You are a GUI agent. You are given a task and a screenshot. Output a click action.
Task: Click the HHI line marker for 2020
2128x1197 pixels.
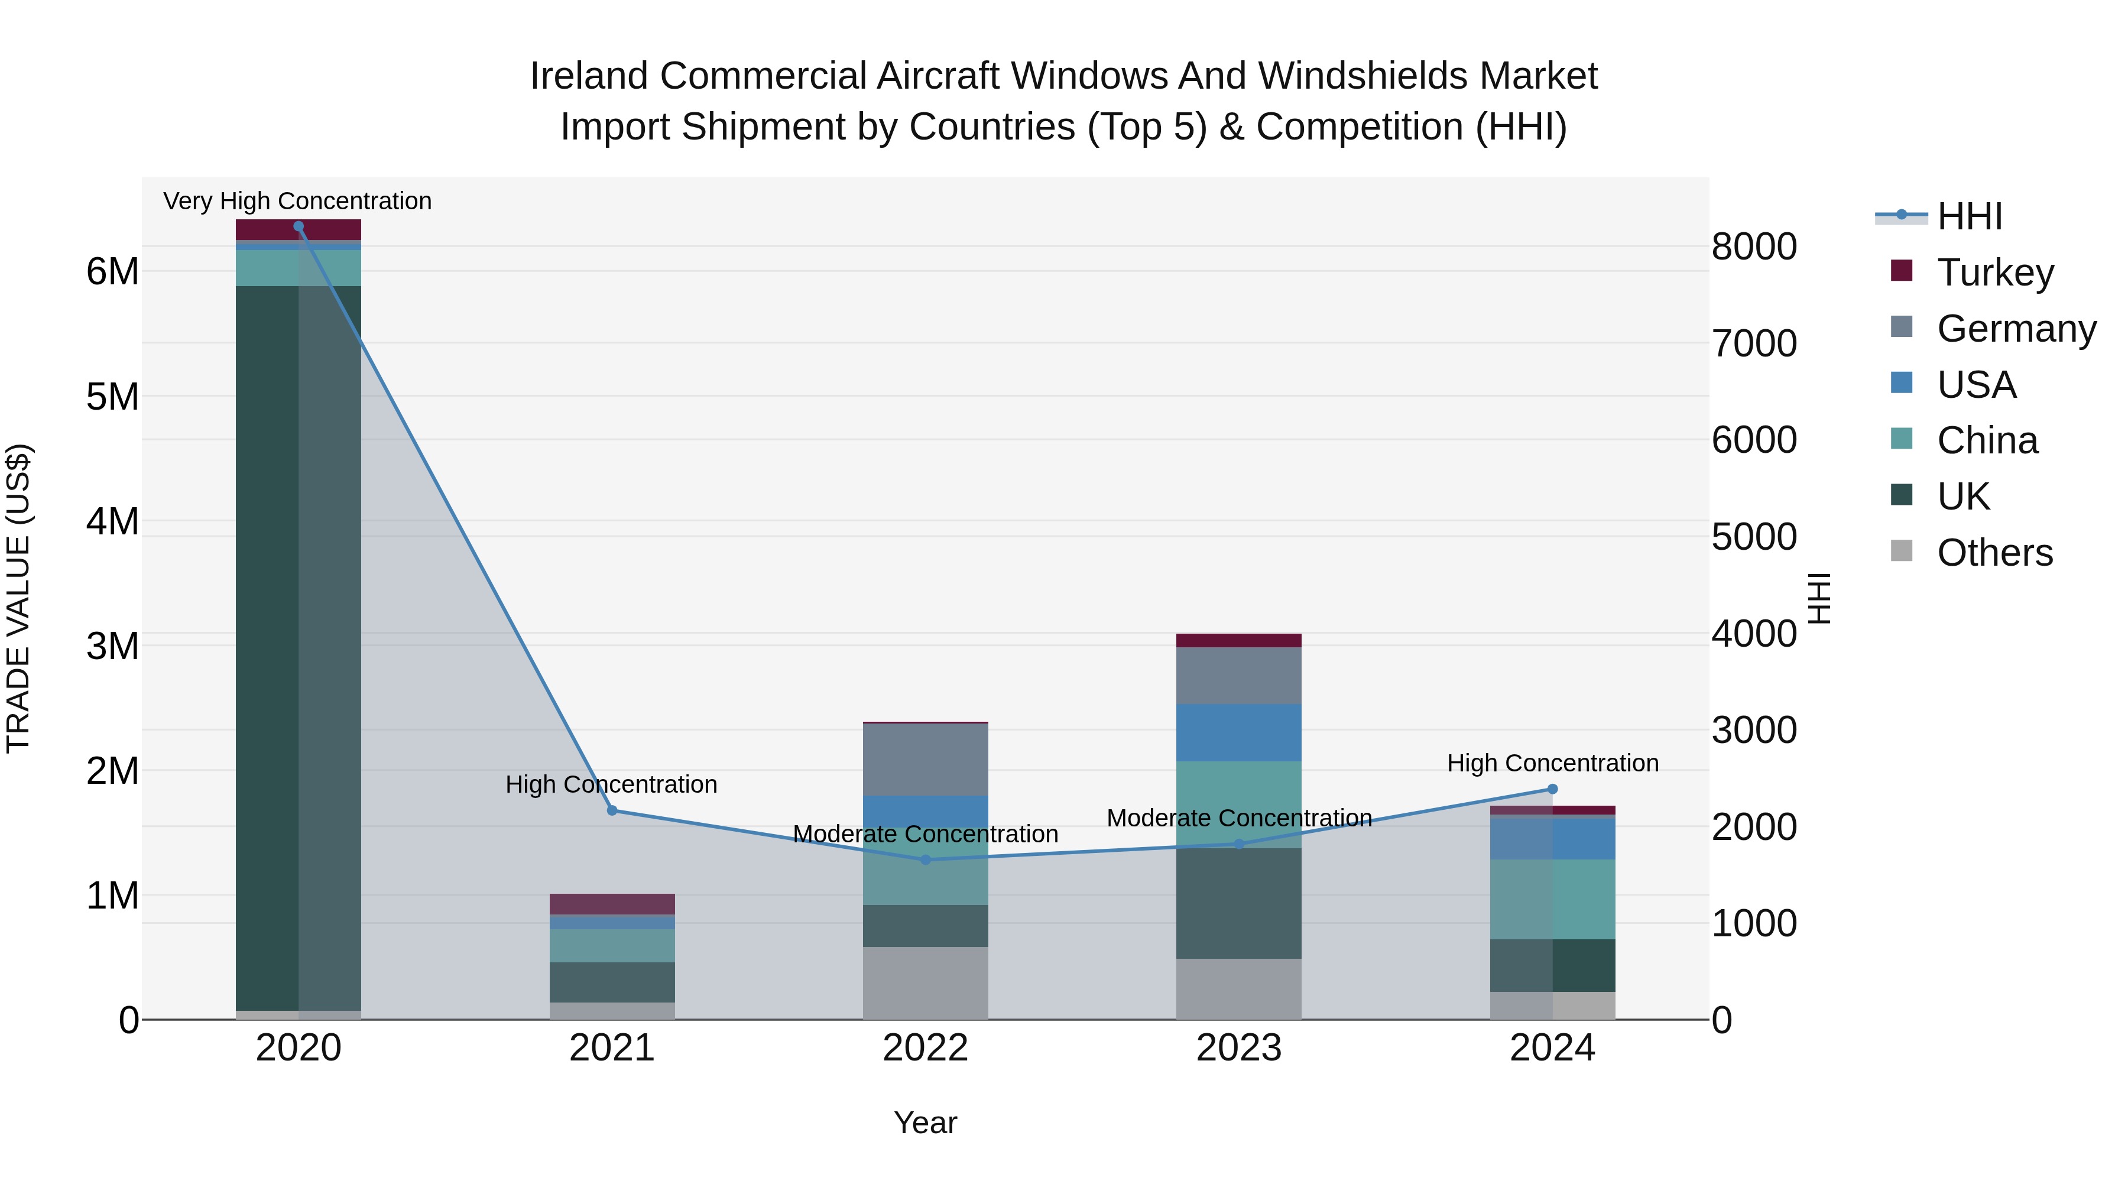click(x=299, y=226)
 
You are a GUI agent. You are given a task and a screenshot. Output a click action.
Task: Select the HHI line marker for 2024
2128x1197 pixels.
click(x=1552, y=789)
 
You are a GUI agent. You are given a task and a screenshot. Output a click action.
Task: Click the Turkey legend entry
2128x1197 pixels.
click(x=1995, y=273)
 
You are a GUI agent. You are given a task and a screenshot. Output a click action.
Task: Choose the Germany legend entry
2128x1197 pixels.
click(x=2016, y=329)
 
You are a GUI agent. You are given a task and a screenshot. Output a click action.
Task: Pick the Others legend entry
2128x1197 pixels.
click(x=1994, y=553)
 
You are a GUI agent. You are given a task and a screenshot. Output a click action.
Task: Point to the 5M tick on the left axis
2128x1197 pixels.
click(x=112, y=397)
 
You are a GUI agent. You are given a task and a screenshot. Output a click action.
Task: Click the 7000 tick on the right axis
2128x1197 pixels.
click(x=1754, y=343)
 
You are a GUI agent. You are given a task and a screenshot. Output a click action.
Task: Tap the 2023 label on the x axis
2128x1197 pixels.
click(x=1238, y=1048)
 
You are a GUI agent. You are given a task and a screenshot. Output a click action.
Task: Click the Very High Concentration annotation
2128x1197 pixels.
click(x=297, y=201)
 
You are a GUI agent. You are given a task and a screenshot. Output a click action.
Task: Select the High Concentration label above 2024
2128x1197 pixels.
click(x=1552, y=763)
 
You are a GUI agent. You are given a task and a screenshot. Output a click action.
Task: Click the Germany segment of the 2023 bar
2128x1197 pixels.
click(x=1238, y=675)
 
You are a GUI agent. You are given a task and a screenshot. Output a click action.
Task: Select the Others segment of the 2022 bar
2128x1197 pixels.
click(x=925, y=982)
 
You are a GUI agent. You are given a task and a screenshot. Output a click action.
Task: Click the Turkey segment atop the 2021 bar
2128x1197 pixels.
click(x=612, y=904)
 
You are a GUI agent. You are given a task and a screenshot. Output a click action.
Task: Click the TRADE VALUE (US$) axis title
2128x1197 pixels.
click(x=18, y=598)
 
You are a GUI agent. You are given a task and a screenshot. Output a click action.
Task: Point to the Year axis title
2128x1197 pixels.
click(x=925, y=1123)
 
